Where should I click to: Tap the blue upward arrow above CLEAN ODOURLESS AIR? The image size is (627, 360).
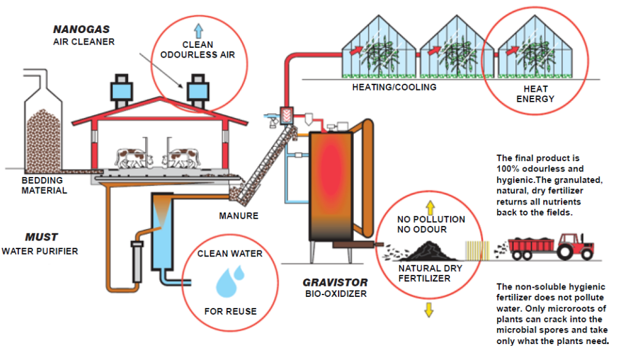point(198,29)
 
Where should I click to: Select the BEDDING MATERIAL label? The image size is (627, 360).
point(42,186)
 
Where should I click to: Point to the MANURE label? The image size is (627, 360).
point(238,216)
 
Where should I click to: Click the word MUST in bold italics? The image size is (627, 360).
point(42,237)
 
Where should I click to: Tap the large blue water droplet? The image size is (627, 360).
point(225,282)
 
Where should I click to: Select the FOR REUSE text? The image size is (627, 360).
point(230,312)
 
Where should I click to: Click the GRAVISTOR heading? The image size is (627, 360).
point(336,283)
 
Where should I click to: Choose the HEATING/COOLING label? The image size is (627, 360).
point(394,87)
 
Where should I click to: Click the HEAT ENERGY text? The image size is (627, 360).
point(532,94)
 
